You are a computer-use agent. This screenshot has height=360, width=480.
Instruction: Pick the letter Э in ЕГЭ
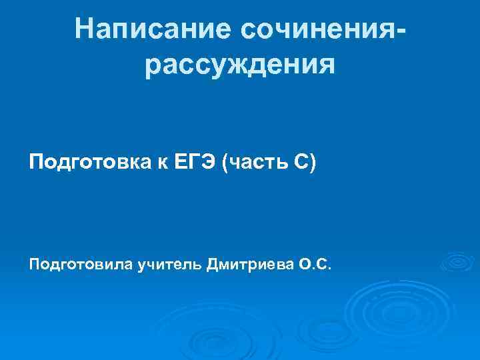click(209, 162)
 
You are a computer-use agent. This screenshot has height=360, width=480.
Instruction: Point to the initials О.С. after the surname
click(313, 267)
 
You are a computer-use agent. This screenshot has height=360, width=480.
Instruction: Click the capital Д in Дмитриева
click(212, 267)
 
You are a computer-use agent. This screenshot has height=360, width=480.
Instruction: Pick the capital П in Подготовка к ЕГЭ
click(35, 162)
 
